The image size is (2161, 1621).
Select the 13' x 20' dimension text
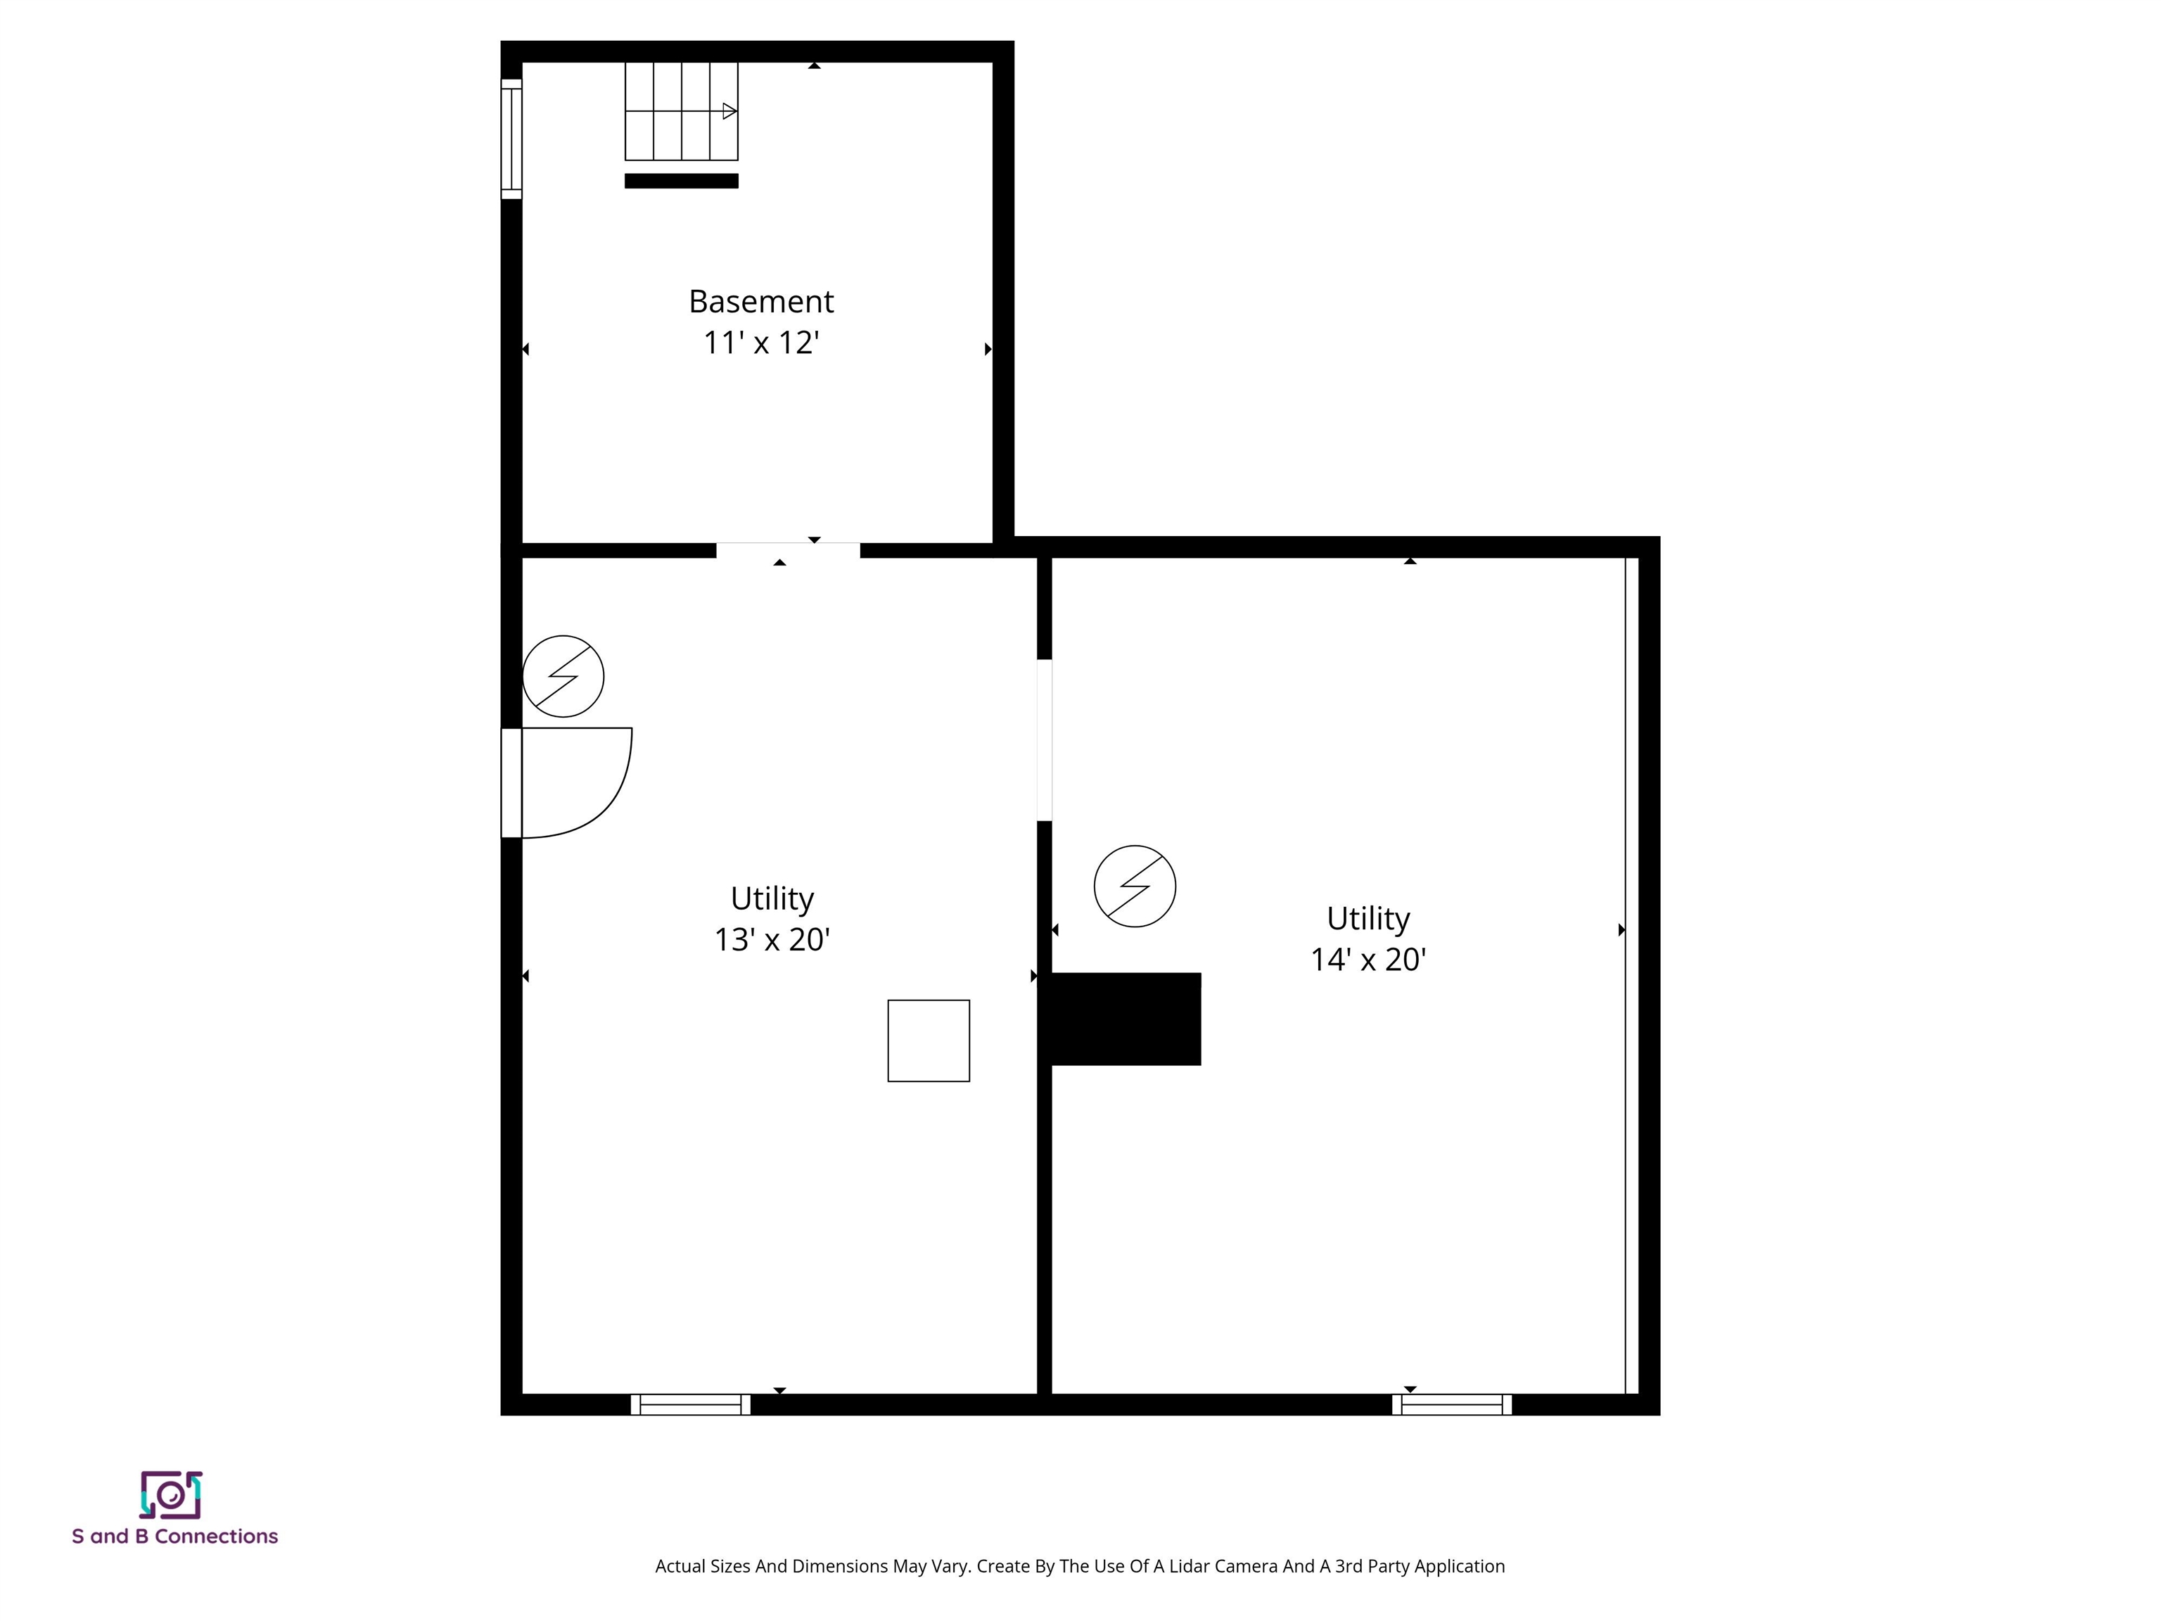tap(772, 940)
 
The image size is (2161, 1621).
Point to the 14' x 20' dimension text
tap(1368, 960)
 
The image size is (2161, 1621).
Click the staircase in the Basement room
tap(681, 110)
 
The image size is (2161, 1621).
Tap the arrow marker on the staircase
tap(729, 111)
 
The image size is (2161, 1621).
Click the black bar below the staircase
tap(681, 181)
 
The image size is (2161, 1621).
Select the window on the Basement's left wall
tap(511, 139)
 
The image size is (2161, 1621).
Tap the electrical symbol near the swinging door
tap(563, 676)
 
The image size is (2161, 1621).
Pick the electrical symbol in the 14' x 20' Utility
tap(1134, 886)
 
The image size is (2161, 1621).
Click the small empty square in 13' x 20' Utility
tap(928, 1041)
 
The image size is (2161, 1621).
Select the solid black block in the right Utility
tap(1126, 1019)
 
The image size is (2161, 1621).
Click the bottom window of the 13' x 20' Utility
tap(691, 1405)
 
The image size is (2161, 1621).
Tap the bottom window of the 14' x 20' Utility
tap(1452, 1405)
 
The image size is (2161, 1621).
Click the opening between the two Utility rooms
tap(1043, 741)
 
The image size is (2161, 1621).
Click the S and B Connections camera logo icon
tap(171, 1495)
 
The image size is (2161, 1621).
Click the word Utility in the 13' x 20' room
tap(772, 898)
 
